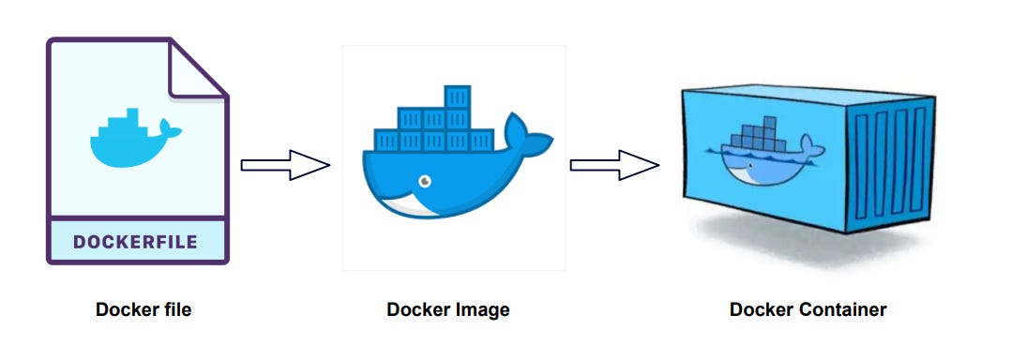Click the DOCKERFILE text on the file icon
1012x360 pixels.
136,242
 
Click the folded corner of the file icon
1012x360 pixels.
196,70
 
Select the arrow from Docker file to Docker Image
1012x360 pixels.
285,165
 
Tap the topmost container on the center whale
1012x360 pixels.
458,97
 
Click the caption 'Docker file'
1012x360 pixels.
143,309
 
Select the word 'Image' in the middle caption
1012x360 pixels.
481,309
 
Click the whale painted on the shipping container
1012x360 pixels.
760,155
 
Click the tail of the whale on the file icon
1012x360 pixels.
166,127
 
